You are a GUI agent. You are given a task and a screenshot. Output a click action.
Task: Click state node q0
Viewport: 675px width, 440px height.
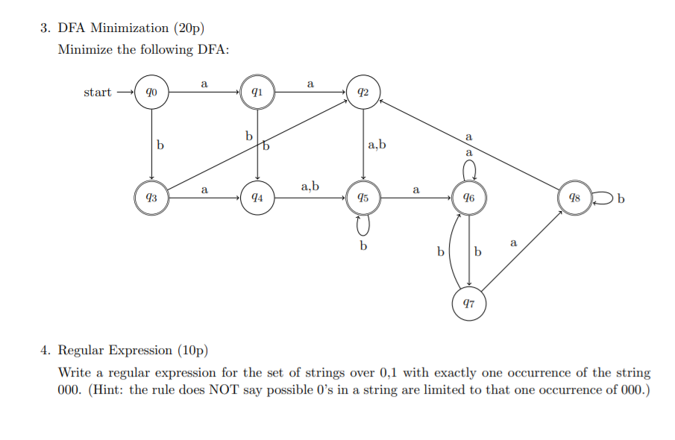(152, 93)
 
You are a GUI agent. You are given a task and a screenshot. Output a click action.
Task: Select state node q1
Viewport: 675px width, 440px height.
(257, 93)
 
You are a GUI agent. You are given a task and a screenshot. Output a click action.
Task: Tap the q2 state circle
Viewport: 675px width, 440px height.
(362, 93)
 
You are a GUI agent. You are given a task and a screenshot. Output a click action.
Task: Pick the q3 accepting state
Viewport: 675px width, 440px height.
(152, 198)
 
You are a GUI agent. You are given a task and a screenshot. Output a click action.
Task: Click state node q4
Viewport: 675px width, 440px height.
(257, 198)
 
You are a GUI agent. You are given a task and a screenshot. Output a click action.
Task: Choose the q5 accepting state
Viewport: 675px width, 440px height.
(362, 198)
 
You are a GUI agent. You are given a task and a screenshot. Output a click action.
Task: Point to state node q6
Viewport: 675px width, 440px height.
(468, 198)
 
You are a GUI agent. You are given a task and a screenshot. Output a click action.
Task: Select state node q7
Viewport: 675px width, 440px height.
(468, 304)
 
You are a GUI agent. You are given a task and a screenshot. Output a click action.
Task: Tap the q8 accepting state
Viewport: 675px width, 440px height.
(574, 198)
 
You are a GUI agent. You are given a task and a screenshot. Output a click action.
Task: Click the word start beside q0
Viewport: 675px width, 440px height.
(98, 92)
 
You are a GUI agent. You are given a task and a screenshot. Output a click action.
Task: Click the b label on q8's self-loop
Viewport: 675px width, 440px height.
(621, 199)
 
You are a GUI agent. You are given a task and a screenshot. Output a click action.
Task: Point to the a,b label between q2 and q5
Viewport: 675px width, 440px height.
(377, 145)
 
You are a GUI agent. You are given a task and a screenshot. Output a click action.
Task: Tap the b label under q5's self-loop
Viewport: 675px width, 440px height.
(363, 245)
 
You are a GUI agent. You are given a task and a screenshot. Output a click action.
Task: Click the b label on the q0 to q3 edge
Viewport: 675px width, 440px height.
(160, 145)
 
